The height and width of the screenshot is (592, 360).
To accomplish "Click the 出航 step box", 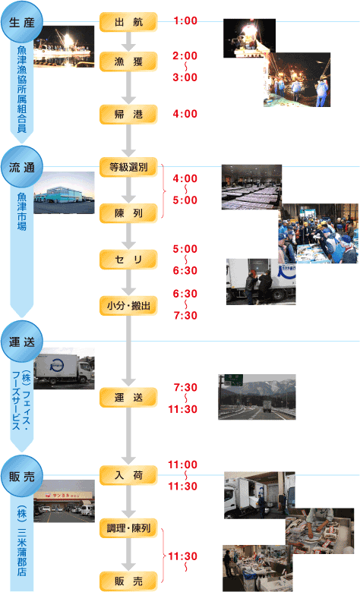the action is (128, 22).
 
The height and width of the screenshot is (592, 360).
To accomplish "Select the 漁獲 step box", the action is (128, 61).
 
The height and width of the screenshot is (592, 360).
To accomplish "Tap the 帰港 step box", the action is (128, 114).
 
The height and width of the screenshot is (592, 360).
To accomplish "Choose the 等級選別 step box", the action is (128, 167).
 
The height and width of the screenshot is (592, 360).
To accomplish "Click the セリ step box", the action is (128, 260).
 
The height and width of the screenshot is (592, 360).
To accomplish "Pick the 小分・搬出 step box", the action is (128, 305).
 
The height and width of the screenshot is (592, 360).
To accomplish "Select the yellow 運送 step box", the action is (128, 397).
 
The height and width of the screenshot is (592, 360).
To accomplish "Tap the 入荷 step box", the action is (128, 475).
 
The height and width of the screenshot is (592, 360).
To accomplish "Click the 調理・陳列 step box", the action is (128, 528).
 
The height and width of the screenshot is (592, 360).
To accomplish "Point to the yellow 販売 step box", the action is (128, 581).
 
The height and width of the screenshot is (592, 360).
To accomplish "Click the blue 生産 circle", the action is (22, 22).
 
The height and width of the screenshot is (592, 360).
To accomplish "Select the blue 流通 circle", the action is (22, 167).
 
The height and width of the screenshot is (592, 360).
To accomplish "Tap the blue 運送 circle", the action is (22, 342).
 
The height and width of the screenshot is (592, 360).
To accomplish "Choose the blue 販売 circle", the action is (22, 476).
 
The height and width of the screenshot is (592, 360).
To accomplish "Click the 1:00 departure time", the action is (185, 20).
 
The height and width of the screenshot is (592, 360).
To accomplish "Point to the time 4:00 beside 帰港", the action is (185, 114).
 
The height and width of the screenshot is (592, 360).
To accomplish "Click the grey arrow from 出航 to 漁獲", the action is (128, 42).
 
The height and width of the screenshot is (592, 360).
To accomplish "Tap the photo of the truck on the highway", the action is (257, 397).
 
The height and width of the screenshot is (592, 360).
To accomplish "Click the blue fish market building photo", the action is (64, 193).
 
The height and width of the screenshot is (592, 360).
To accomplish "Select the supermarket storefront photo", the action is (64, 501).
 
